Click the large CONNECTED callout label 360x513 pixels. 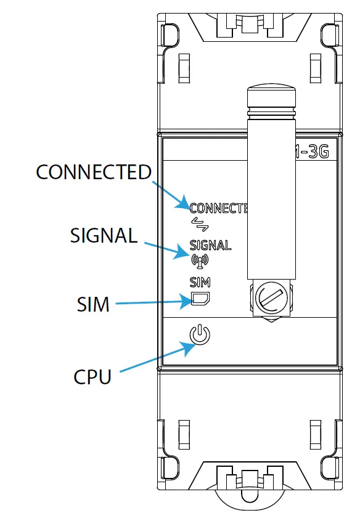pos(94,172)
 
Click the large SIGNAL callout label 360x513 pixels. pos(104,235)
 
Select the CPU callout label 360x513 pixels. pos(92,376)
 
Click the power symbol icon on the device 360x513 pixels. pos(200,335)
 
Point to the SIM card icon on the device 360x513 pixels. pos(200,299)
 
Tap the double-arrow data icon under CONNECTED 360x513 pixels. pos(199,222)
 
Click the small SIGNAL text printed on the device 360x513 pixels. pos(210,246)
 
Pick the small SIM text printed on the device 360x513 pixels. pos(200,283)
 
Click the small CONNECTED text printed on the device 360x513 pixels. pos(218,208)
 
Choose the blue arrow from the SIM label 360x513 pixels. pos(154,302)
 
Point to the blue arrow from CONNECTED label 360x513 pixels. pos(170,193)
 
